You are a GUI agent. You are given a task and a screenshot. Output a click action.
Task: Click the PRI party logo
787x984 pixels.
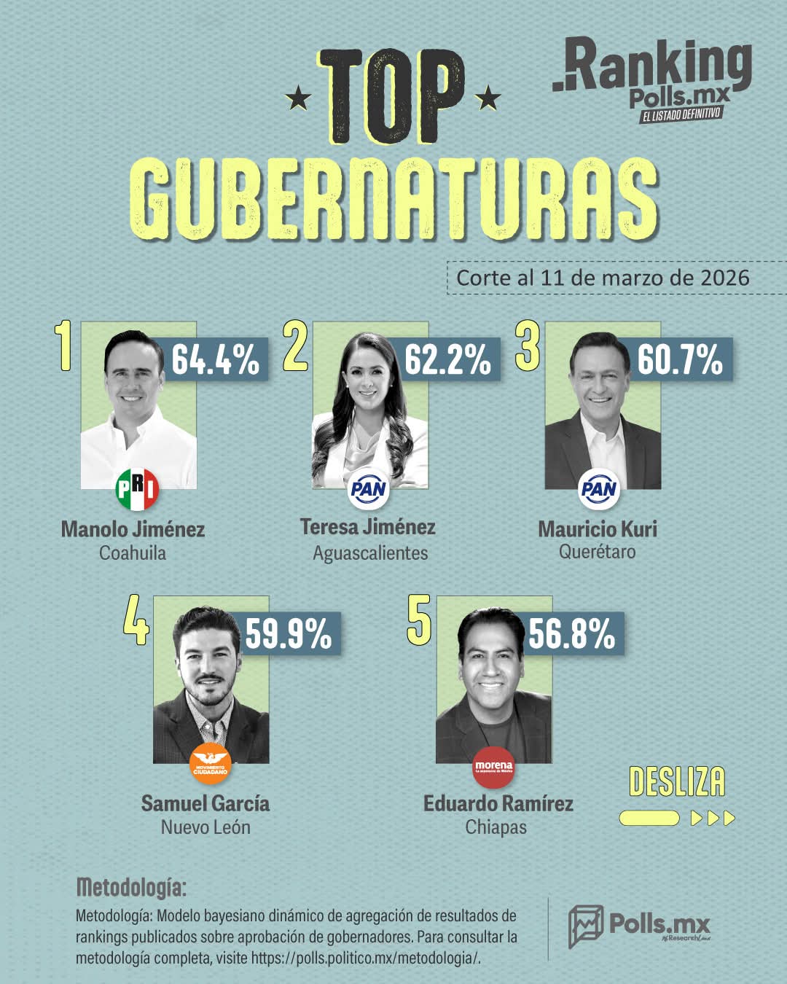point(137,489)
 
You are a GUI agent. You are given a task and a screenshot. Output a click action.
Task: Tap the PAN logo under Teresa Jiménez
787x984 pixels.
point(369,489)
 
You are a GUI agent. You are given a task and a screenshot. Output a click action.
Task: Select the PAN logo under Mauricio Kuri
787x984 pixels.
point(599,489)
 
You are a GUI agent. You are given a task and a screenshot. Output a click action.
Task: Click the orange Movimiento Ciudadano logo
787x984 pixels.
point(211,763)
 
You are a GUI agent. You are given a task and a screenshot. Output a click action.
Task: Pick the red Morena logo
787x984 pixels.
point(493,768)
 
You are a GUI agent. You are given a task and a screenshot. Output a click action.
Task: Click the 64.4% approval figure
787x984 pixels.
point(215,359)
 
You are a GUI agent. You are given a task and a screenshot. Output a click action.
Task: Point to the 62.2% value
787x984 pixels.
point(447,359)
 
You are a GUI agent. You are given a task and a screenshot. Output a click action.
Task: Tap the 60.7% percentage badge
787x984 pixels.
point(680,359)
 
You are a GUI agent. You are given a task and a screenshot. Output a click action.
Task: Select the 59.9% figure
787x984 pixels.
point(289,633)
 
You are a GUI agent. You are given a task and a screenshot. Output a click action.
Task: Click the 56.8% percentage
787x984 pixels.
point(572,633)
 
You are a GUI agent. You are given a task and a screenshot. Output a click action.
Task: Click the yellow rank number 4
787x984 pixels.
point(136,621)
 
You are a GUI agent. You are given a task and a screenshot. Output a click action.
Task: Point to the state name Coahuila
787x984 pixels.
point(133,552)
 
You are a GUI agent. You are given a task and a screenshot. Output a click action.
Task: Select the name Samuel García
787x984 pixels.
point(205,803)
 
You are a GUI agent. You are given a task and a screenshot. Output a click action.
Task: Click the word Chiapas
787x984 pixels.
point(496,827)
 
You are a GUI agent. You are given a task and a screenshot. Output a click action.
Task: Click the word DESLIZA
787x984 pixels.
point(677,782)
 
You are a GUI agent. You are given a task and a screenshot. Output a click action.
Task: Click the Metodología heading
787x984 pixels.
point(131,888)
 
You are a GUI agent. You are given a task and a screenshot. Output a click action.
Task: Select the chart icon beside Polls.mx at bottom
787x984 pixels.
point(586,926)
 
